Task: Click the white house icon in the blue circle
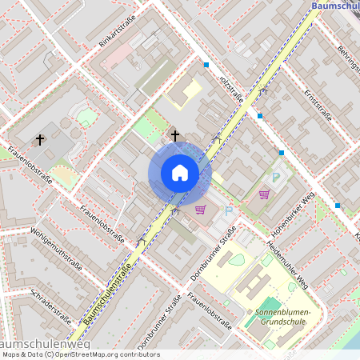pos(180,173)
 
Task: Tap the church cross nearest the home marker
pos(175,136)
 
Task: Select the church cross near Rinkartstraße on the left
pos(40,140)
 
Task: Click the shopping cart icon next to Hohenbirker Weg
pos(264,194)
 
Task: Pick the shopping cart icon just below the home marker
pos(200,210)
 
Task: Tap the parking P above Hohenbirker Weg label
pos(277,178)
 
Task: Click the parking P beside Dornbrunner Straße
pos(228,211)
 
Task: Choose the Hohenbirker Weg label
pos(295,212)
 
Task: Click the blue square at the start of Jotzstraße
pos(206,65)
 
